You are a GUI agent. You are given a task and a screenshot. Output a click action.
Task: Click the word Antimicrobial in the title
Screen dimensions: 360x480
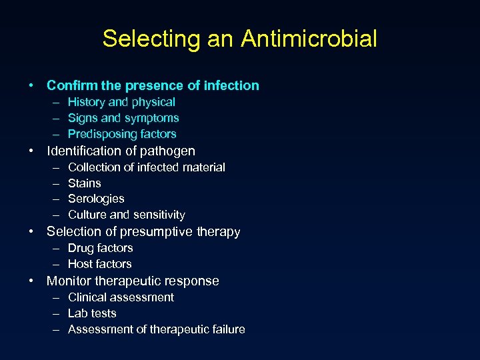(x=309, y=39)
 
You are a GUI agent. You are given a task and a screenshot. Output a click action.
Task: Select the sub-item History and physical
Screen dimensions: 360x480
(x=121, y=102)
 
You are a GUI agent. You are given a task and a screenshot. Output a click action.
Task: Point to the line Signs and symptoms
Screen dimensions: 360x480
(x=123, y=118)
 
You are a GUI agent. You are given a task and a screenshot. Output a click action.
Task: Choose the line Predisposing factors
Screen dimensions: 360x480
(x=122, y=134)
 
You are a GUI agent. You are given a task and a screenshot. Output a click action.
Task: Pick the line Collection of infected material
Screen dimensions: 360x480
(x=147, y=167)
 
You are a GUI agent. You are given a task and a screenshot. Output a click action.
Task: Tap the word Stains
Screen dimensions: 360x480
(x=85, y=183)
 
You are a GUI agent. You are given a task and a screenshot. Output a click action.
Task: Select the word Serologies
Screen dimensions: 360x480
(x=96, y=199)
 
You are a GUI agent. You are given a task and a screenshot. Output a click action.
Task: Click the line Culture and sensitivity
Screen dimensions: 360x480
(x=127, y=215)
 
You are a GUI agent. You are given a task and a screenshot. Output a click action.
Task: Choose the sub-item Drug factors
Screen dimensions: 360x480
(x=101, y=248)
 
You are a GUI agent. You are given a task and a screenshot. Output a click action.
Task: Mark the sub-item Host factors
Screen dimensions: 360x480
(x=100, y=264)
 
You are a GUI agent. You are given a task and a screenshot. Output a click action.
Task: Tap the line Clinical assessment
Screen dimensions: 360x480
(x=121, y=297)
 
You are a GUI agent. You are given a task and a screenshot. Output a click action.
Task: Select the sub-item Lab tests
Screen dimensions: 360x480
(x=92, y=313)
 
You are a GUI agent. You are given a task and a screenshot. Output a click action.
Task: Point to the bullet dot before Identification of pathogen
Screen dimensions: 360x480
(x=32, y=151)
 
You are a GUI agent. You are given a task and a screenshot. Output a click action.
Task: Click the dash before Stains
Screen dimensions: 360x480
(x=53, y=183)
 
